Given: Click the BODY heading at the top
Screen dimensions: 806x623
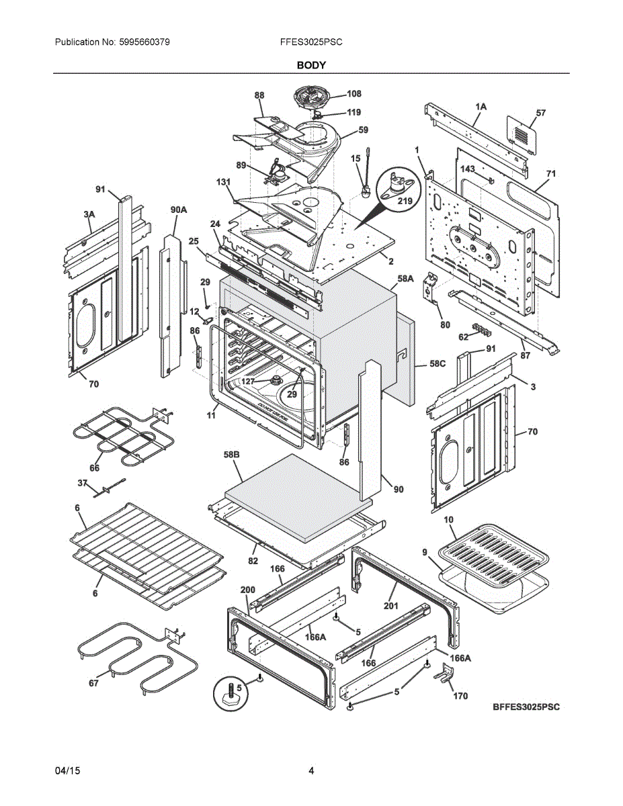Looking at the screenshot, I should click(311, 65).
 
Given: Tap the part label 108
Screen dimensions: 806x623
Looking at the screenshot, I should click(354, 94).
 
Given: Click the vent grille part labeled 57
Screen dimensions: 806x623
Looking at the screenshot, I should click(522, 134).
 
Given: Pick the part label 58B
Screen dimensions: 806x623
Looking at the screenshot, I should click(231, 455).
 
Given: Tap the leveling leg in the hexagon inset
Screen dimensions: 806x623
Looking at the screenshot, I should click(229, 692).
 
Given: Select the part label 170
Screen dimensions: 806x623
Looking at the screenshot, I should click(460, 696).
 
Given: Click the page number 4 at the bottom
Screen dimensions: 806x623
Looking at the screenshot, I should click(311, 771).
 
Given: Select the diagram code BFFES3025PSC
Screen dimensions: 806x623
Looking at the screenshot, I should click(526, 707).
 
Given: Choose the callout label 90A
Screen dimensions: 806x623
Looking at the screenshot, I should click(179, 210).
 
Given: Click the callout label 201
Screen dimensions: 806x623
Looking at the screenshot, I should click(391, 605).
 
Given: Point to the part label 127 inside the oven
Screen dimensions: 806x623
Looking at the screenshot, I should click(249, 382).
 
